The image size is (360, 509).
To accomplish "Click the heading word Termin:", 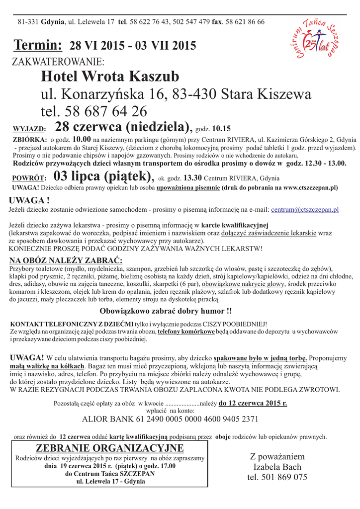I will click(38, 46).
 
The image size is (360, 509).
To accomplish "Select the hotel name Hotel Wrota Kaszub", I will click(110, 77).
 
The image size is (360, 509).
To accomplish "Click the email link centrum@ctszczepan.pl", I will click(305, 210).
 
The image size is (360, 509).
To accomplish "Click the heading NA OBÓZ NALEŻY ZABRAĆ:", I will click(66, 260).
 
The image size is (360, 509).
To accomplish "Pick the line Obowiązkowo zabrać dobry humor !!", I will click(166, 312).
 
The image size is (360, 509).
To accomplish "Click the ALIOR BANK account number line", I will click(170, 419).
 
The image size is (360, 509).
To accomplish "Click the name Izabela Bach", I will click(277, 467).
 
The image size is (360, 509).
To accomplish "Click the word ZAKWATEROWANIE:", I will click(58, 62).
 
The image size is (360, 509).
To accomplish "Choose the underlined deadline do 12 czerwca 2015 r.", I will click(253, 403).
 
